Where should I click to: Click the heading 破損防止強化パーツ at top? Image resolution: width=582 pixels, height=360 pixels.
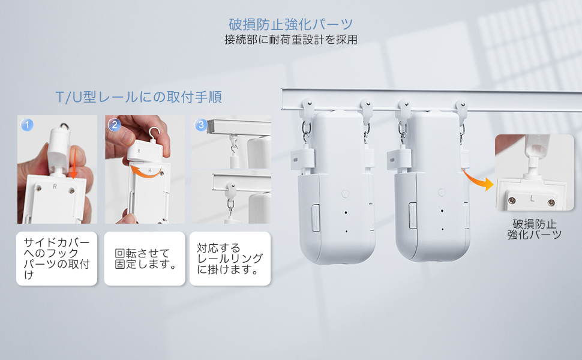coord(291,25)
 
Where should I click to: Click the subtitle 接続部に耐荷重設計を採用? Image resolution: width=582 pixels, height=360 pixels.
coord(291,41)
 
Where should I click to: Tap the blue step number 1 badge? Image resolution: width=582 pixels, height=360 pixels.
coord(26,125)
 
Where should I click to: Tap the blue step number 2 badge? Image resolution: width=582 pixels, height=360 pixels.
coord(114,125)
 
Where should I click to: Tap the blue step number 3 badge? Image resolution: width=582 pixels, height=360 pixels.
coord(202,125)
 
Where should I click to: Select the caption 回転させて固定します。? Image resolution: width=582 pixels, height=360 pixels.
coord(144,258)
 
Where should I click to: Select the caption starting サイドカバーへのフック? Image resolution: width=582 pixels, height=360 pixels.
coord(57,258)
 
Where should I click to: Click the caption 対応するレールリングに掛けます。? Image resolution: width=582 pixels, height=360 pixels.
coord(230,258)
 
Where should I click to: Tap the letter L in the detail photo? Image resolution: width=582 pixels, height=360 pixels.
coord(532,197)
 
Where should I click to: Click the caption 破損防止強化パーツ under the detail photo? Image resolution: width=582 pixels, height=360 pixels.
coord(534,229)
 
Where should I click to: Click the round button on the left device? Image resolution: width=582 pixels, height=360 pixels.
coord(345,193)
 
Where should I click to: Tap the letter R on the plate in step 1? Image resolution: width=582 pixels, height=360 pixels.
coord(55,187)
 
